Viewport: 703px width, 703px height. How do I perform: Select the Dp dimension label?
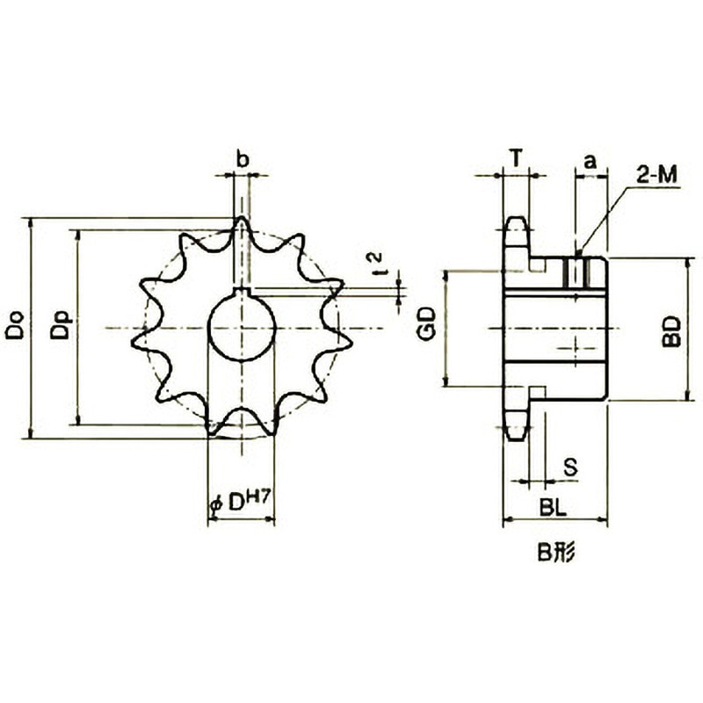pyautogui.click(x=61, y=325)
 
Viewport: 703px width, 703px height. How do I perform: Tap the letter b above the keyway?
pyautogui.click(x=243, y=159)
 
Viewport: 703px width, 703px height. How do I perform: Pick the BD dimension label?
pyautogui.click(x=671, y=331)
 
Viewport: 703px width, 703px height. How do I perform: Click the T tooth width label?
pyautogui.click(x=517, y=158)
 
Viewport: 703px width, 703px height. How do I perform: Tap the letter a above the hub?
pyautogui.click(x=591, y=161)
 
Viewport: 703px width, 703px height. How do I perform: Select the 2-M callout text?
pyautogui.click(x=657, y=175)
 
